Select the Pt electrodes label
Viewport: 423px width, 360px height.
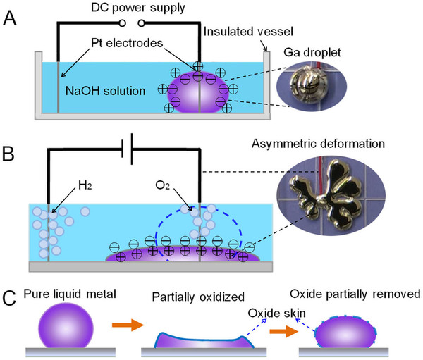click(x=131, y=44)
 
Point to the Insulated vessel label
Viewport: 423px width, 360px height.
click(x=239, y=31)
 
